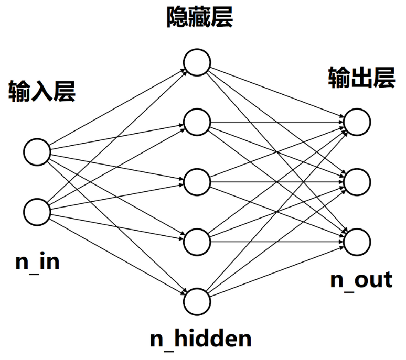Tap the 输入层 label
pos(42,92)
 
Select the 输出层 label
pos(361,78)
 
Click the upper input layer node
pos(37,152)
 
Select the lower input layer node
pos(37,211)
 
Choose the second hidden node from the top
pos(197,122)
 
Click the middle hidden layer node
pos(197,181)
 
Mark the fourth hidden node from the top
pos(197,241)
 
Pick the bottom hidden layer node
pos(197,301)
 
